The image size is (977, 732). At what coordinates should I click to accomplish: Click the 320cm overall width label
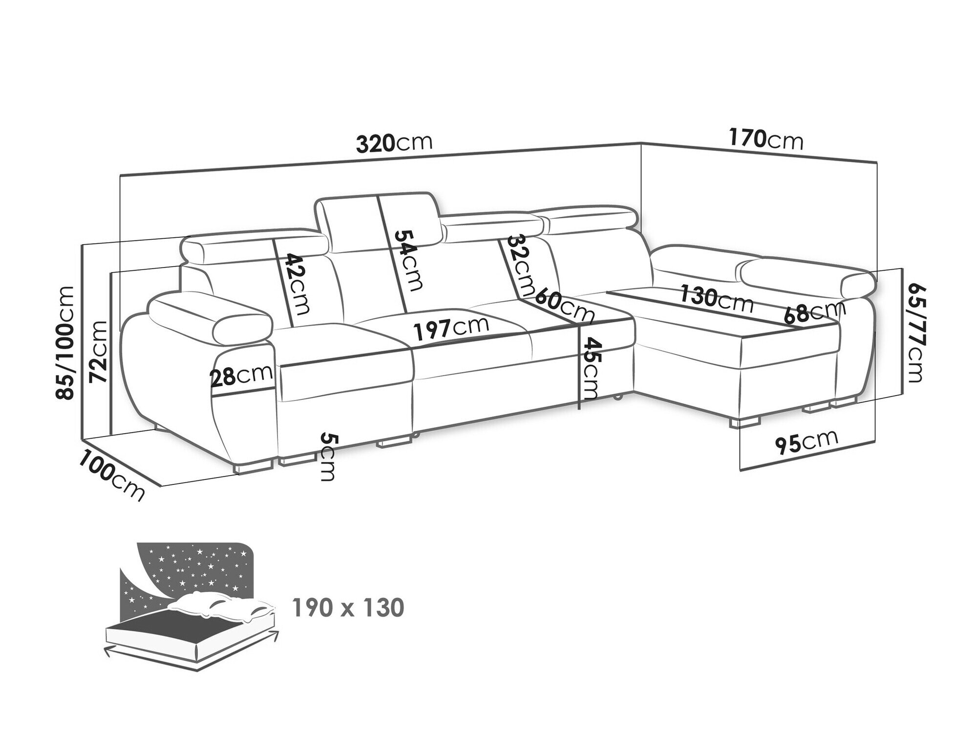coord(394,143)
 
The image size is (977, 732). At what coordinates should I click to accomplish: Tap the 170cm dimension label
coord(766,140)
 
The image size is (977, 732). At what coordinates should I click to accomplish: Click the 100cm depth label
coord(112,476)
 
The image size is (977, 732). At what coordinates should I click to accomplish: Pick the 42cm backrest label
coord(297,284)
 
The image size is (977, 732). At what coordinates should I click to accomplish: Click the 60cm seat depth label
coord(565,305)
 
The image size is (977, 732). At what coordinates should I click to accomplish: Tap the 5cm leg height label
coord(327,457)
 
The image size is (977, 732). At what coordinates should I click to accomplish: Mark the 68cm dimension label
coord(815,313)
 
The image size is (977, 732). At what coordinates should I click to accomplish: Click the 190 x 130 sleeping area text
coord(347,608)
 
